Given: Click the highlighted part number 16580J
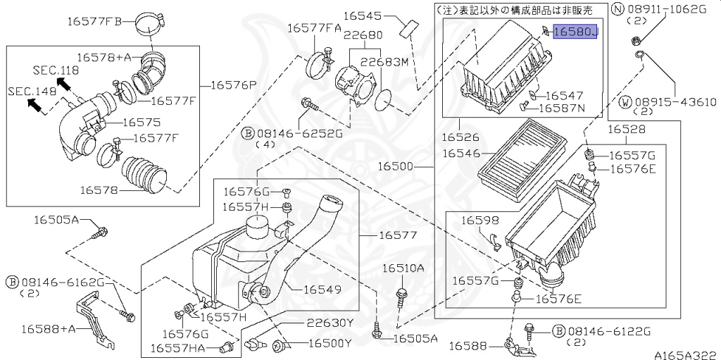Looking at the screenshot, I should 575,32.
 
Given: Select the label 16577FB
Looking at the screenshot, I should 94,21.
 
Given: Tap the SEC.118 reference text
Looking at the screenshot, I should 56,70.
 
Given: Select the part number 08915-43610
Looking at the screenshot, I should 674,102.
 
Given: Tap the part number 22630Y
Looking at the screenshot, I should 330,323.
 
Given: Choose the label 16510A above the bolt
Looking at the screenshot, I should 403,268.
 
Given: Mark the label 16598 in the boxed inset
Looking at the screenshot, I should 480,221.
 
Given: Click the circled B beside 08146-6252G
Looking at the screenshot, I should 248,132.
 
